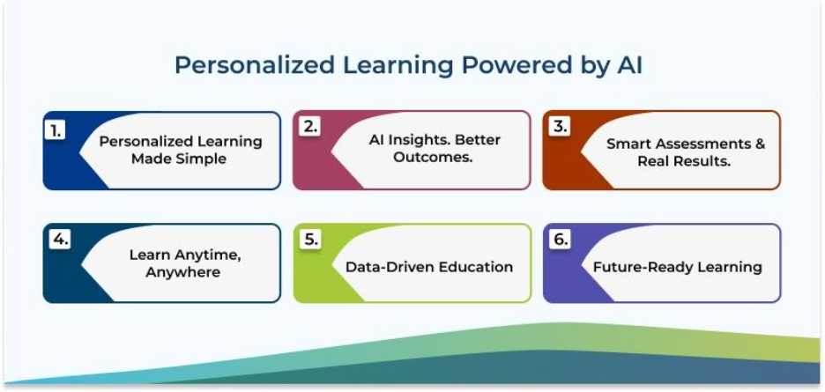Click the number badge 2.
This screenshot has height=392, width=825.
tap(308, 126)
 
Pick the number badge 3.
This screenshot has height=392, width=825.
tap(559, 126)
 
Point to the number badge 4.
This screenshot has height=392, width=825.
tap(57, 239)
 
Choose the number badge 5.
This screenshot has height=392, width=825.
tap(308, 239)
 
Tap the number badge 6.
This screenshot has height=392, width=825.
tap(559, 239)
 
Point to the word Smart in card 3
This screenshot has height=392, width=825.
tap(628, 144)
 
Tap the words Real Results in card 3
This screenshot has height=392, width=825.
tap(686, 162)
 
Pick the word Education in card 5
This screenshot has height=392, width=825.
tap(472, 267)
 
